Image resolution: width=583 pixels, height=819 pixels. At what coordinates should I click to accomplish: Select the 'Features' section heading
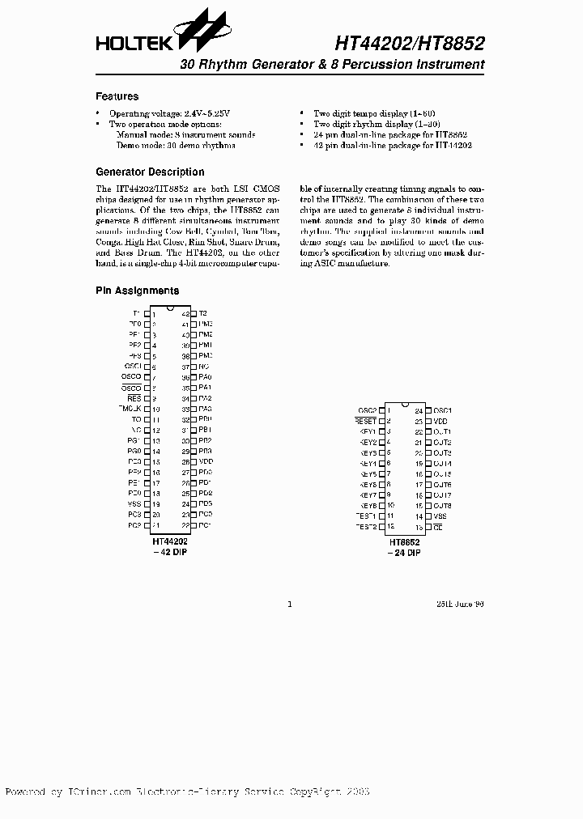(x=117, y=96)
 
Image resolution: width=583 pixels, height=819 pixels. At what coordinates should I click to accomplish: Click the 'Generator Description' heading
(x=150, y=172)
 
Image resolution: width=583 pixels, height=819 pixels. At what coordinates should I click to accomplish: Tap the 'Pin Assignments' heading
(x=137, y=291)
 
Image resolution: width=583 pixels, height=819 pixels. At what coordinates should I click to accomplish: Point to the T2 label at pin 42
(x=203, y=313)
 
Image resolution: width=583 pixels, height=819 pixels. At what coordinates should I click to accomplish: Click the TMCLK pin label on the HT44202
(x=130, y=409)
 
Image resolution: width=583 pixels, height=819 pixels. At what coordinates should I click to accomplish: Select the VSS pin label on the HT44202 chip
(x=134, y=503)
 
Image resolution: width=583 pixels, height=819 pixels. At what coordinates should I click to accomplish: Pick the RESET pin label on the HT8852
(x=366, y=422)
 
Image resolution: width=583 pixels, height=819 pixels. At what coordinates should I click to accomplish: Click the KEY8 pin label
(x=368, y=506)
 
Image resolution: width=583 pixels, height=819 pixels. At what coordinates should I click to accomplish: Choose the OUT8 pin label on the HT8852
(x=442, y=506)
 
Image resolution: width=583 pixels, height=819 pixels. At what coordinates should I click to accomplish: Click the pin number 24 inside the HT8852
(x=419, y=411)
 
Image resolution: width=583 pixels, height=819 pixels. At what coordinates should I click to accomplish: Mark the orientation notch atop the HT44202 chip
(x=170, y=308)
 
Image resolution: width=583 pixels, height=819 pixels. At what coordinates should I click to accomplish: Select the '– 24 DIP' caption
(x=403, y=552)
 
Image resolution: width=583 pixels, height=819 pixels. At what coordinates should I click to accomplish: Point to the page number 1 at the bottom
(x=290, y=604)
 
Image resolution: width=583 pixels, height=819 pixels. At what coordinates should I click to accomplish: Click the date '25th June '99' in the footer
(x=459, y=604)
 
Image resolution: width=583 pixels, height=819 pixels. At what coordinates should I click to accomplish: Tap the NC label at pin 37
(x=203, y=366)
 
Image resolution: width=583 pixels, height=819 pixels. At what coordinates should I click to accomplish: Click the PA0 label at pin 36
(x=205, y=377)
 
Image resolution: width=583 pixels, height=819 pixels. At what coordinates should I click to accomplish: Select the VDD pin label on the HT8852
(x=440, y=422)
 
